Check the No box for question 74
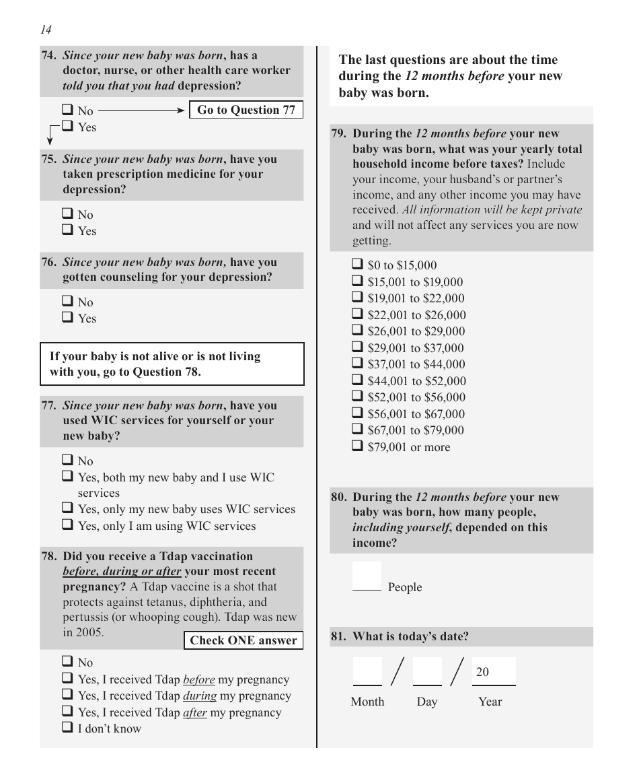click(68, 110)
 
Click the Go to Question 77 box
click(246, 110)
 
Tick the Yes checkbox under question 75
click(68, 230)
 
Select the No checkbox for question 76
click(68, 302)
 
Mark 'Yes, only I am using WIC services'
click(68, 525)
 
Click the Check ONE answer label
click(243, 640)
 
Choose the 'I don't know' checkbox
click(68, 728)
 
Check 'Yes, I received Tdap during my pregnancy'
click(68, 695)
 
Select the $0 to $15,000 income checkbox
click(358, 265)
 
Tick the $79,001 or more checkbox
click(358, 446)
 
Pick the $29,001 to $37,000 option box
click(358, 347)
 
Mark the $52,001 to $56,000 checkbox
click(358, 397)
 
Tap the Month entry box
click(367, 671)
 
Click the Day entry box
click(427, 671)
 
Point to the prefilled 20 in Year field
click(483, 672)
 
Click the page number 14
click(46, 30)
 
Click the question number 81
click(338, 636)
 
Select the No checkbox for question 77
click(68, 461)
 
